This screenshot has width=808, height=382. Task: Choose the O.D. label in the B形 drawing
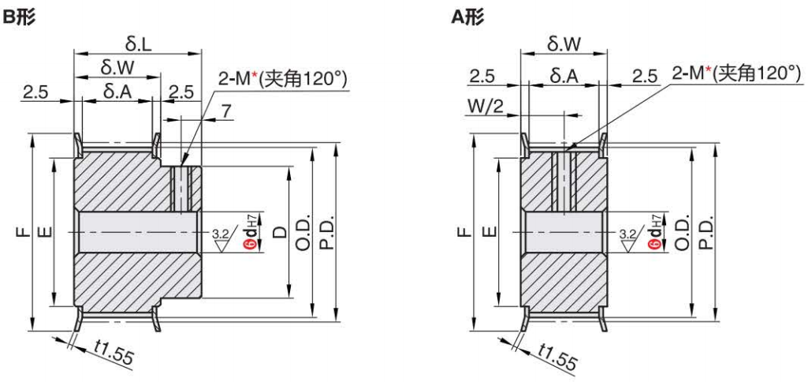click(x=303, y=234)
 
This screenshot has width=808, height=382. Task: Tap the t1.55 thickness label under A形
click(x=557, y=357)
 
